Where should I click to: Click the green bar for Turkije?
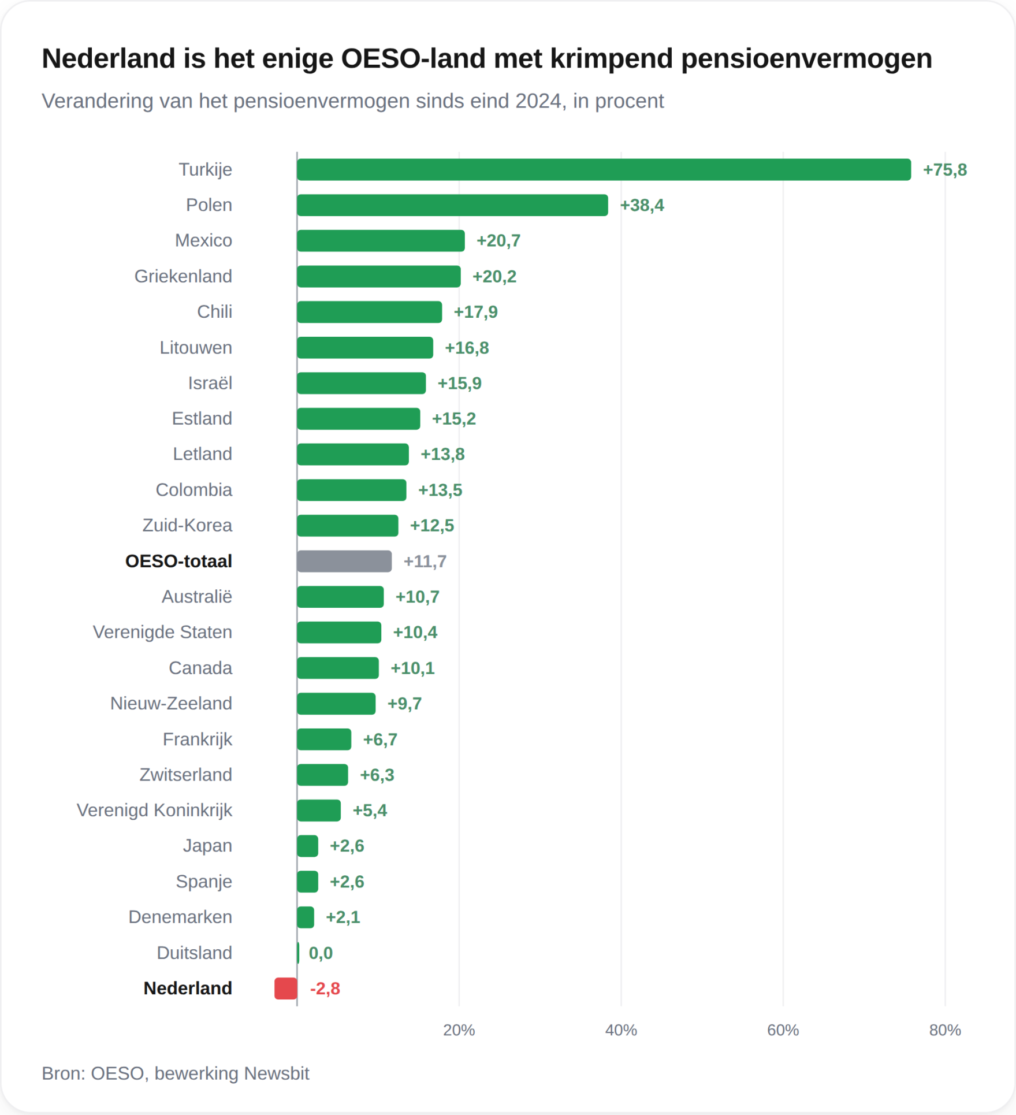(x=604, y=170)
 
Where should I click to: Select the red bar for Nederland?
(x=286, y=988)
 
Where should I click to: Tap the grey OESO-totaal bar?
(x=344, y=562)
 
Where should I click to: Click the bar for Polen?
(x=452, y=205)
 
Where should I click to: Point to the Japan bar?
(x=307, y=846)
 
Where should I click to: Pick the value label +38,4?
(x=642, y=206)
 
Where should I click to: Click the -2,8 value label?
(x=325, y=989)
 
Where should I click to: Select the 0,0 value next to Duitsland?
(x=321, y=953)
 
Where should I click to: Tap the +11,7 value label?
(x=425, y=562)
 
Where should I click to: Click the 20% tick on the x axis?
(x=459, y=1030)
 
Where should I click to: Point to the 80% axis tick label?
(x=945, y=1030)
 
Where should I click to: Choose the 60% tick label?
(x=783, y=1030)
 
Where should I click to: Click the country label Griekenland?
(x=183, y=276)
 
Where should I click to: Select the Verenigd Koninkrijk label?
(x=154, y=811)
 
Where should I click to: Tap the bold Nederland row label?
(x=188, y=988)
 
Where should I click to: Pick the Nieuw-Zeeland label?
(x=171, y=704)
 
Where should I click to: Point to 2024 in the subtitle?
(x=538, y=101)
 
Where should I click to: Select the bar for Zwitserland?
(x=322, y=775)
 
